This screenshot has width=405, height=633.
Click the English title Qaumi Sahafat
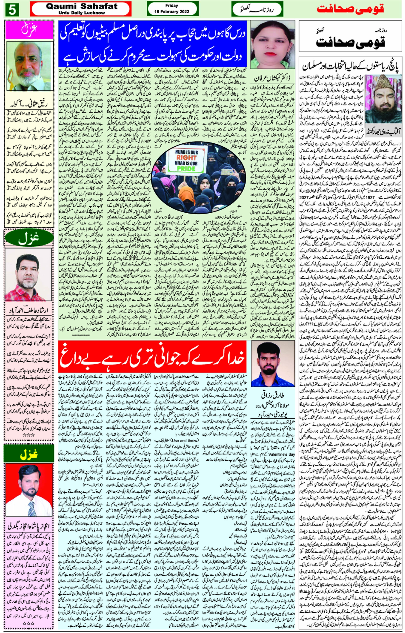(x=82, y=6)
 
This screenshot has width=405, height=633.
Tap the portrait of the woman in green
(x=272, y=45)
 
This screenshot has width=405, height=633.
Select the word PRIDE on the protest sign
(x=186, y=169)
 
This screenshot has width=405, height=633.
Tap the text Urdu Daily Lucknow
(x=82, y=13)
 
